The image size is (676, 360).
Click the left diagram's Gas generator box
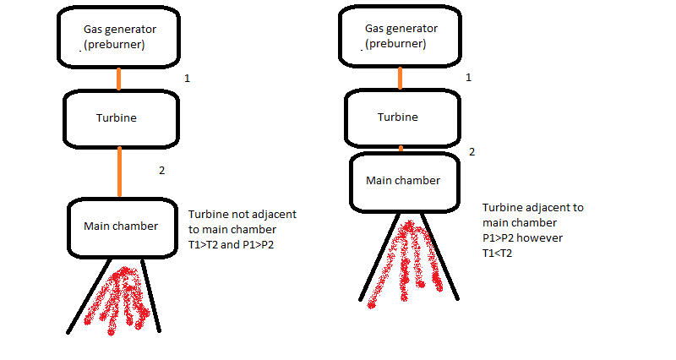coord(119,35)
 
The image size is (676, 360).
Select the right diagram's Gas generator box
coord(401,35)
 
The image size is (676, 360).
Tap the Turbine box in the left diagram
coord(119,118)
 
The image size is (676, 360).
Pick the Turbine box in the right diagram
coord(400,117)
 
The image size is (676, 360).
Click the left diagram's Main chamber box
coord(122,226)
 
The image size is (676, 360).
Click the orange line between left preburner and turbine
coord(119,79)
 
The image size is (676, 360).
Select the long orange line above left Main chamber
coord(120,172)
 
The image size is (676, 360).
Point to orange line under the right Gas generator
coord(401,77)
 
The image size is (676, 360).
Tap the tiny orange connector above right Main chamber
coord(401,149)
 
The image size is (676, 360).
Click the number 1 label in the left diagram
coord(188,79)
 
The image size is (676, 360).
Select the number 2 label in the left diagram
coord(162,170)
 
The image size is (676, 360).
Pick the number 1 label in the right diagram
coord(469,78)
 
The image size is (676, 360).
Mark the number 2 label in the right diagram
coord(472,152)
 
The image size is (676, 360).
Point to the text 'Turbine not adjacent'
coord(242,214)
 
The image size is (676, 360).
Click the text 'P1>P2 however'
coord(522,237)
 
